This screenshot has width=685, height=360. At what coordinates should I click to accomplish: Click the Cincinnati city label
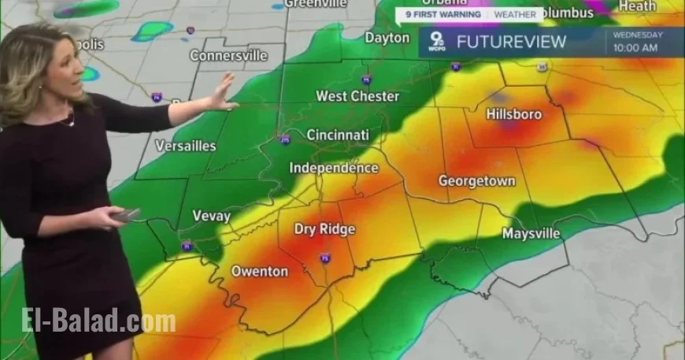[x=338, y=135]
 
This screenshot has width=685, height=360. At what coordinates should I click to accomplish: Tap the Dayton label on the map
[x=387, y=37]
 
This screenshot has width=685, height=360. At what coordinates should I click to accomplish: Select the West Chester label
[x=357, y=96]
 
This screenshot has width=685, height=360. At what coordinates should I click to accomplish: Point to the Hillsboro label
[x=514, y=114]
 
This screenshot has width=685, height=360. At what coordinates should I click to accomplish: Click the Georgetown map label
[x=477, y=180]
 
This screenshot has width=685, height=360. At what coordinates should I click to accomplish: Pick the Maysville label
[x=531, y=234]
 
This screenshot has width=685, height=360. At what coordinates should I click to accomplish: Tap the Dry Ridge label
[x=325, y=229]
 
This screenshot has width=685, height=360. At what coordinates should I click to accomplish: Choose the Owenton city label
[x=260, y=271]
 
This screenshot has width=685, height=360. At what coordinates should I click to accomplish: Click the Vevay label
[x=212, y=216]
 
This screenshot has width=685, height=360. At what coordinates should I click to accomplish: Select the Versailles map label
[x=186, y=146]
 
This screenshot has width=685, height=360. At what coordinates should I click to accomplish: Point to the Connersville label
[x=228, y=56]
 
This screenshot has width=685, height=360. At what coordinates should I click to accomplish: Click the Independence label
[x=334, y=168]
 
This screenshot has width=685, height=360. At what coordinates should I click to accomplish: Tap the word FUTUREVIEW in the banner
[x=512, y=42]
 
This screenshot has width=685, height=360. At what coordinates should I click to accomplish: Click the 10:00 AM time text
[x=635, y=48]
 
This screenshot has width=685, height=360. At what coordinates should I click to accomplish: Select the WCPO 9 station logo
[x=435, y=41]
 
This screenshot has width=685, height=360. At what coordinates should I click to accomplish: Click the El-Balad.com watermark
[x=98, y=321]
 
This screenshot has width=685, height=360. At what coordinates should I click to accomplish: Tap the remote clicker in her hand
[x=126, y=215]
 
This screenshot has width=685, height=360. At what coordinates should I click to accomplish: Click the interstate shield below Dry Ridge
[x=325, y=258]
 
